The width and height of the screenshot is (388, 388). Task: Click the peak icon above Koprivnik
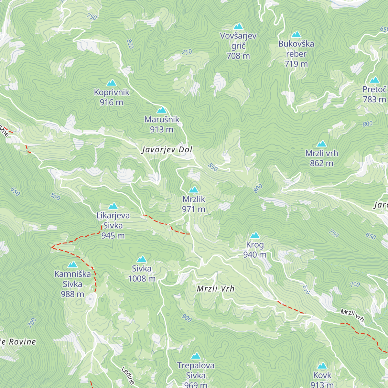pos(112,83)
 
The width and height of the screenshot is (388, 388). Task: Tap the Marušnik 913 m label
pos(162,124)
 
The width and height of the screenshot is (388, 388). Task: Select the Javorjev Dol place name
pos(167,150)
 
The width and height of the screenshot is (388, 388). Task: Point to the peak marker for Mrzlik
pos(193,189)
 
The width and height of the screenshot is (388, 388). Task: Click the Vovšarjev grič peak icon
pos(238,26)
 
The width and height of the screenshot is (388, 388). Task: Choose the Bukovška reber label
pos(296,54)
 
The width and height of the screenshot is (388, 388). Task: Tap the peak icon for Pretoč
pos(374,80)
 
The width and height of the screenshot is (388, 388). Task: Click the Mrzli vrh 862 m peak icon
pos(321,144)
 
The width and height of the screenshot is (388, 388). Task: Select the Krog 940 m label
pos(255,250)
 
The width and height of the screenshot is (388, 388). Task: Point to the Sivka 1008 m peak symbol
pos(142,259)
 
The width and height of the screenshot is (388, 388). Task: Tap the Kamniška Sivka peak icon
pos(72,265)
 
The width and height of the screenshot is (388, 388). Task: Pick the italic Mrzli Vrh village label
pos(216,289)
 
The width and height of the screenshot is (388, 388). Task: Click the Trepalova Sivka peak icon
pos(195,356)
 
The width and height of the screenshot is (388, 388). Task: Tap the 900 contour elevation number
pos(187,318)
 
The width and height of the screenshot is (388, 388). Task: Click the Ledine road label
pos(128,375)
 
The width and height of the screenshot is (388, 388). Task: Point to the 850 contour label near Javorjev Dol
pos(213,167)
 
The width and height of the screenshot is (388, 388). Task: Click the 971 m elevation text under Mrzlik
pos(193,209)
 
